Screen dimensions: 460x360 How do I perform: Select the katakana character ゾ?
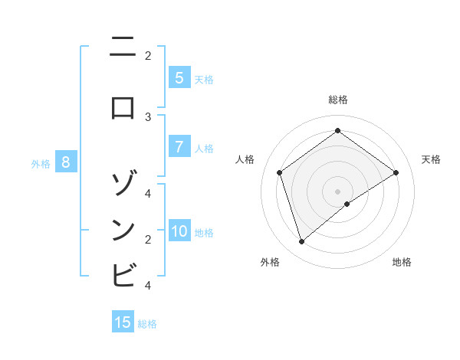click(x=123, y=184)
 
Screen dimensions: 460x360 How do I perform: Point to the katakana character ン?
click(x=123, y=230)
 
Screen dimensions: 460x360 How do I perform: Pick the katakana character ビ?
click(x=123, y=274)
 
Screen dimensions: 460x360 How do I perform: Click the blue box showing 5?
click(x=179, y=78)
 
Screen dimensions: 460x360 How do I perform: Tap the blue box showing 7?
click(x=179, y=147)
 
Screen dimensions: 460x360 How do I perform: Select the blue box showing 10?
click(x=179, y=231)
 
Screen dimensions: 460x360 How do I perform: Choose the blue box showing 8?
click(x=66, y=162)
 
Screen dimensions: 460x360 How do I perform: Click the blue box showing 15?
click(x=123, y=322)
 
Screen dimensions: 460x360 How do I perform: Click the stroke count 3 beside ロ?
click(x=148, y=116)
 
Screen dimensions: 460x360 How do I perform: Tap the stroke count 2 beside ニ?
click(x=148, y=55)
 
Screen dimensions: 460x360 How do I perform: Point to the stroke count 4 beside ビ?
click(x=148, y=286)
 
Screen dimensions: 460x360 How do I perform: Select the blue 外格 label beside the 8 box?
click(x=40, y=163)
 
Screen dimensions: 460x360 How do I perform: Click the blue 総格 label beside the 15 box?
click(x=147, y=324)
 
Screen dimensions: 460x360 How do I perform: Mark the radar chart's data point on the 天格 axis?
click(x=396, y=173)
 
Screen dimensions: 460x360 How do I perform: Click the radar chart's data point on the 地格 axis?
click(x=347, y=204)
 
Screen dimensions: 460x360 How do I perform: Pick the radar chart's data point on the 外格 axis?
click(x=301, y=242)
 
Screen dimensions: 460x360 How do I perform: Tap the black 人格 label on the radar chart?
click(x=245, y=159)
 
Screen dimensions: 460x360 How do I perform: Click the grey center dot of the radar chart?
click(x=337, y=191)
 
